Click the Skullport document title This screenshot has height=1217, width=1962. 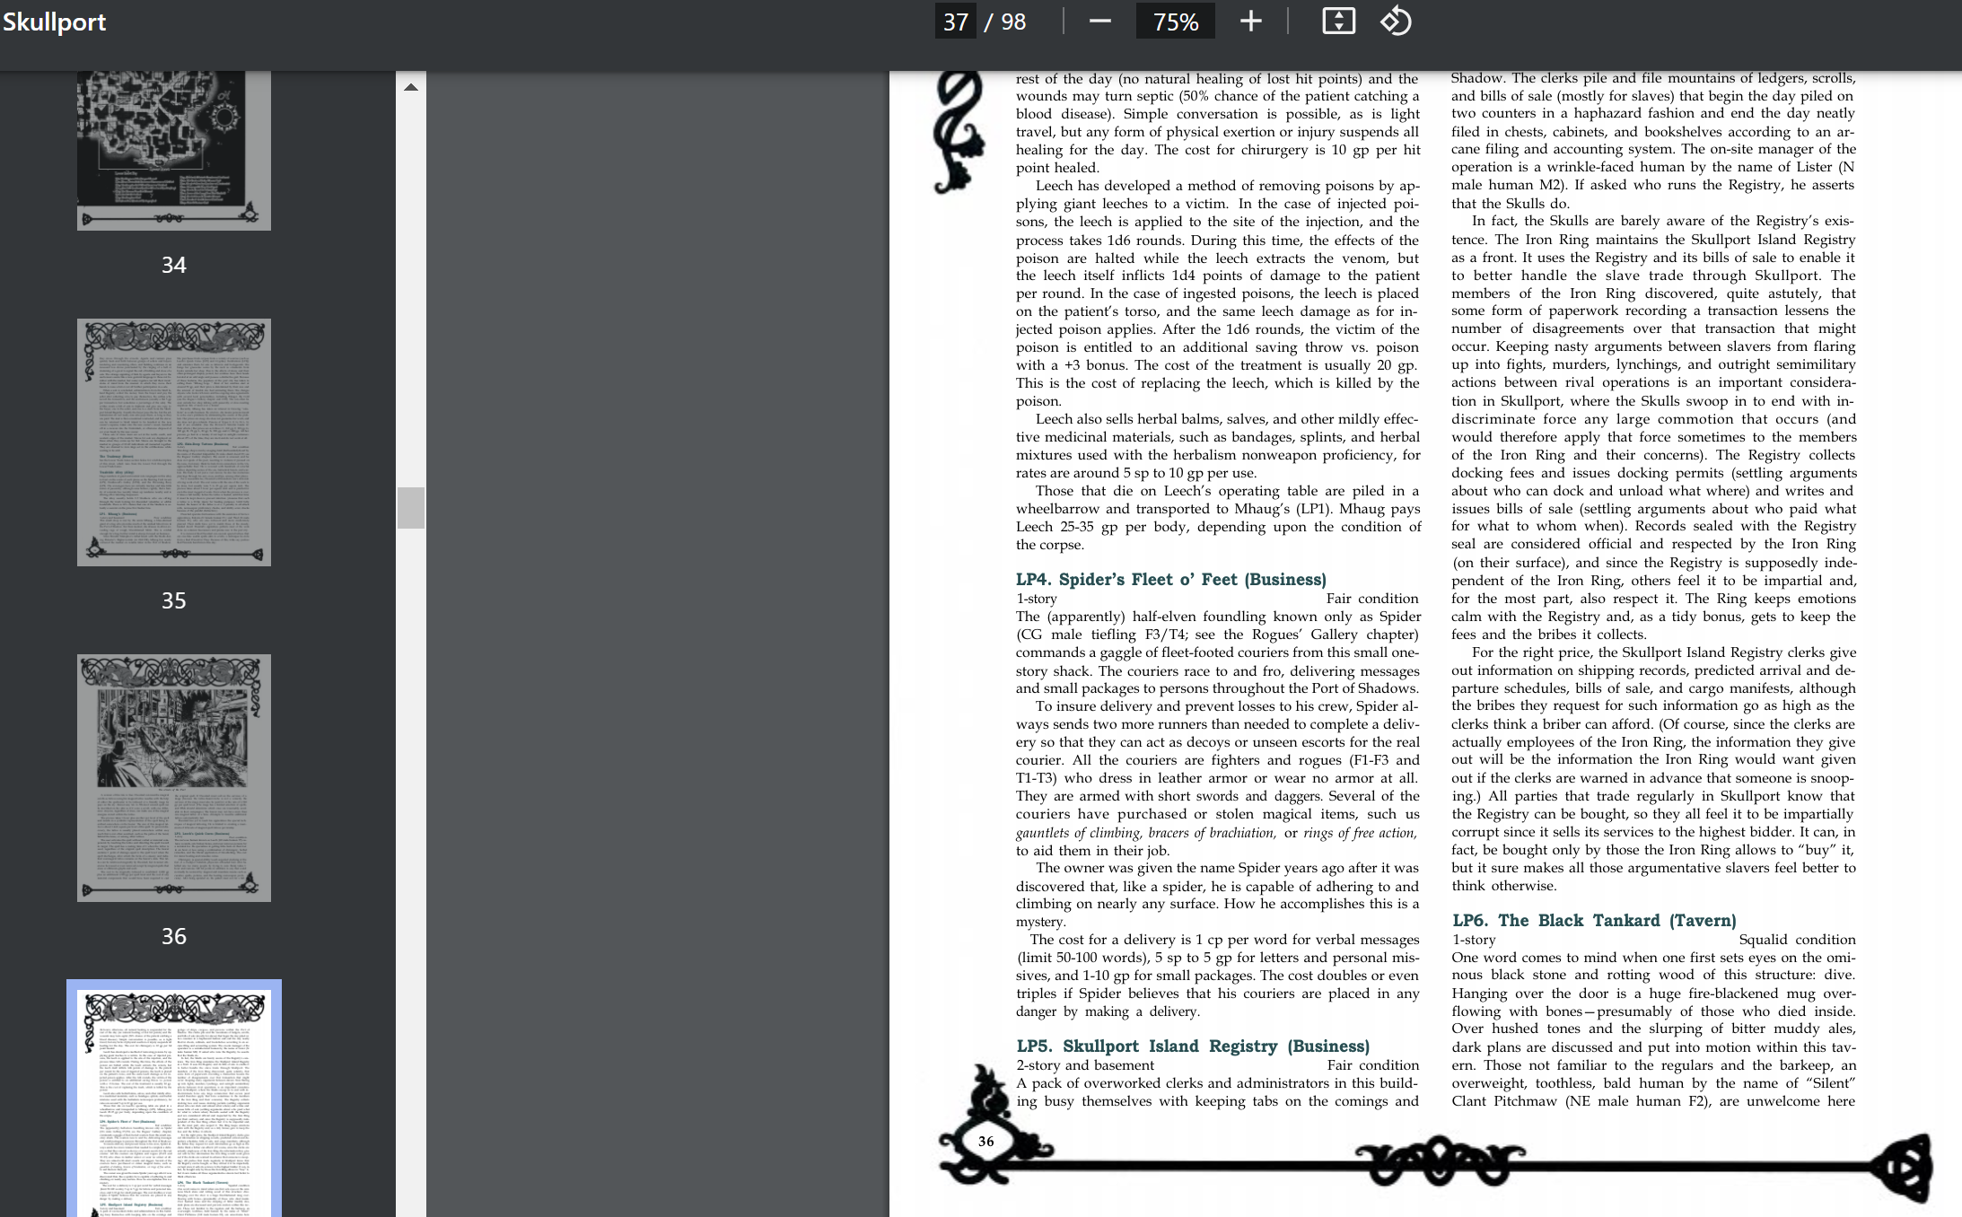54,22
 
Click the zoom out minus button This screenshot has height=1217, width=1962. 1099,22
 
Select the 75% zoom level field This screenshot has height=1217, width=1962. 1176,22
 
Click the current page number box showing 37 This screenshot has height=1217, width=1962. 956,22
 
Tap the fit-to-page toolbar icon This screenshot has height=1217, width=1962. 1338,22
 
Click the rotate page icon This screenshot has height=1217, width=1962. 1396,22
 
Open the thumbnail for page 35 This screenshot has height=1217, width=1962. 174,442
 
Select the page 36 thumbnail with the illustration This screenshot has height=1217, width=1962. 174,777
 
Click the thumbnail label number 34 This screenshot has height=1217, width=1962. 174,265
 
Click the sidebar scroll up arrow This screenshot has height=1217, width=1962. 411,87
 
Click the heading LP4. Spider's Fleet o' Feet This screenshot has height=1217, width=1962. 1170,580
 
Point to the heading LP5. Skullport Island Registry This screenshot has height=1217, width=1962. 1193,1046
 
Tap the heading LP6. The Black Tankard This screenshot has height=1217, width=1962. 1594,921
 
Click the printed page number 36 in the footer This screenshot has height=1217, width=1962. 985,1142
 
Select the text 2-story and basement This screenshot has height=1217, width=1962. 1085,1065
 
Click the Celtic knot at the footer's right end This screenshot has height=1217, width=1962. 1903,1167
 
